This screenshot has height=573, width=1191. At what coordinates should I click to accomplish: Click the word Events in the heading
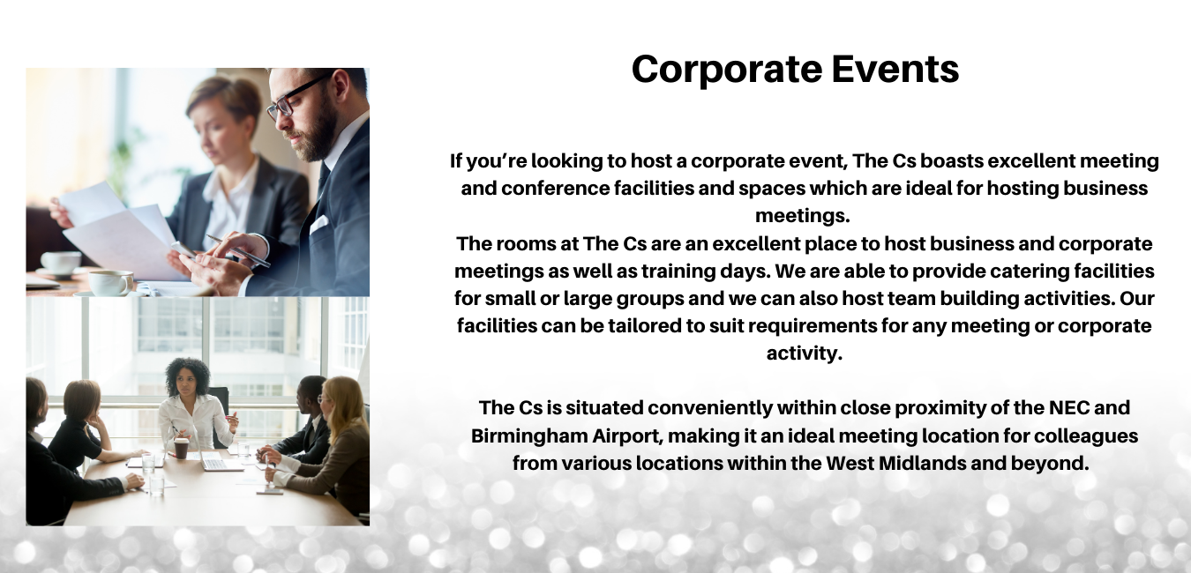(x=895, y=69)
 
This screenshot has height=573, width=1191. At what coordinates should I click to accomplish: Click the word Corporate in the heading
(x=728, y=71)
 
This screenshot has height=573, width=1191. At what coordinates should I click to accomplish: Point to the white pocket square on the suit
(x=318, y=224)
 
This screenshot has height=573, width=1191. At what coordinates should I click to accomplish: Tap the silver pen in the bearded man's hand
(x=237, y=250)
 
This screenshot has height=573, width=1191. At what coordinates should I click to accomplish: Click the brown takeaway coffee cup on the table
(x=182, y=448)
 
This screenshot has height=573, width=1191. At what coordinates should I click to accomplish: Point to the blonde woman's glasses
(x=322, y=398)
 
